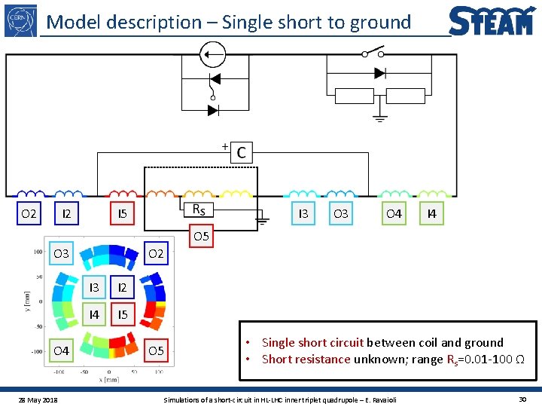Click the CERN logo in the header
[20, 20]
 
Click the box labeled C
[241, 152]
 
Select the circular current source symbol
[212, 54]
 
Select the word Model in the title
[74, 23]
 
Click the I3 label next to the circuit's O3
[303, 214]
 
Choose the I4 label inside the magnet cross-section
[94, 314]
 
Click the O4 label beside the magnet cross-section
[61, 350]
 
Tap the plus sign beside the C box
[224, 145]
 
